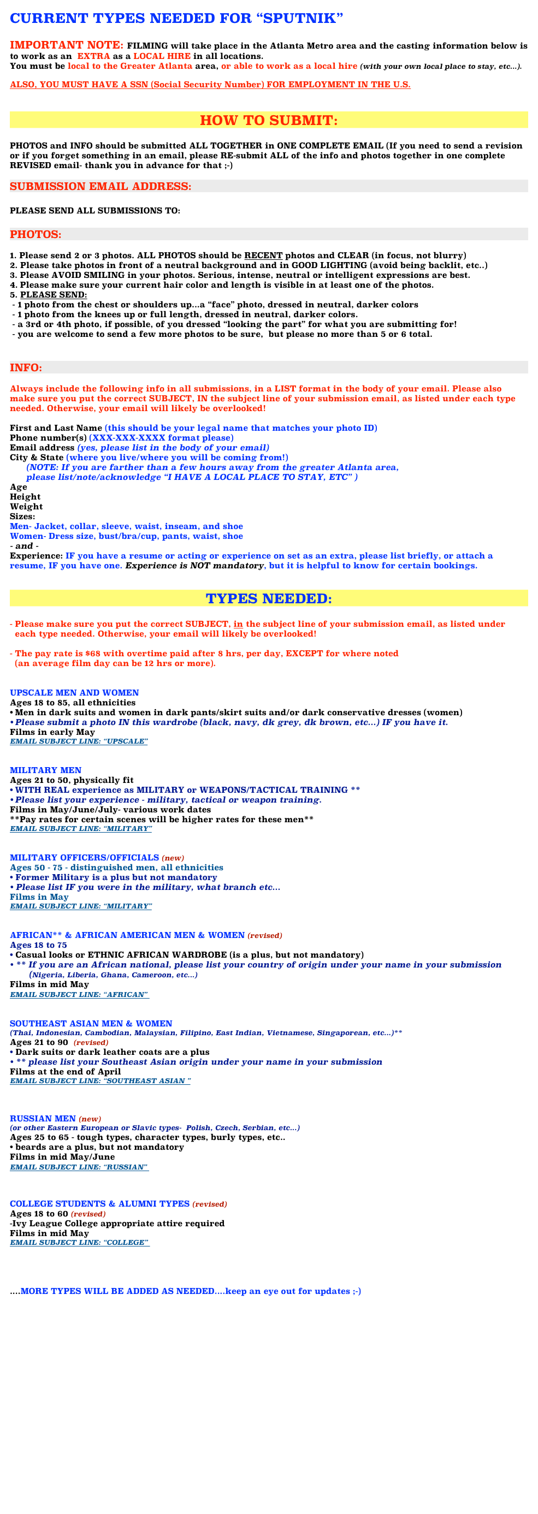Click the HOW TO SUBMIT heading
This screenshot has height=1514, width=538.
tap(269, 121)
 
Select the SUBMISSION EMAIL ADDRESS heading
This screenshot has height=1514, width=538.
tap(100, 186)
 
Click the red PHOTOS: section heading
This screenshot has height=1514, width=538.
tap(36, 235)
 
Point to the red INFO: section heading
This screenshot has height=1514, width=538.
tap(26, 368)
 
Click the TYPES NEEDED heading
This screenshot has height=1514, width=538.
tap(269, 599)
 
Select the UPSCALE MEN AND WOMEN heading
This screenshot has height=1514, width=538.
tap(75, 693)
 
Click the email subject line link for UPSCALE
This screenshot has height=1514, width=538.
tap(79, 741)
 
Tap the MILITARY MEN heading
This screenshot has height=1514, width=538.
tap(46, 770)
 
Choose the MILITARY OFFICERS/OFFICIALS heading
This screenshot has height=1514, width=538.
tap(85, 858)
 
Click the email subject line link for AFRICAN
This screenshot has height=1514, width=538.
tap(79, 994)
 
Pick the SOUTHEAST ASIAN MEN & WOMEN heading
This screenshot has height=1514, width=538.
tap(91, 1023)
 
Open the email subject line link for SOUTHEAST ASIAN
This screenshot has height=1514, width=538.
tap(100, 1081)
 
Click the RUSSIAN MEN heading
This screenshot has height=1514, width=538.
tap(43, 1119)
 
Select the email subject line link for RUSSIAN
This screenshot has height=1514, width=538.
tap(79, 1167)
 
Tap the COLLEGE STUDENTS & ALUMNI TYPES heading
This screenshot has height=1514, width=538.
tap(100, 1204)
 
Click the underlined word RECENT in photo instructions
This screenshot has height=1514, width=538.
tap(263, 256)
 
